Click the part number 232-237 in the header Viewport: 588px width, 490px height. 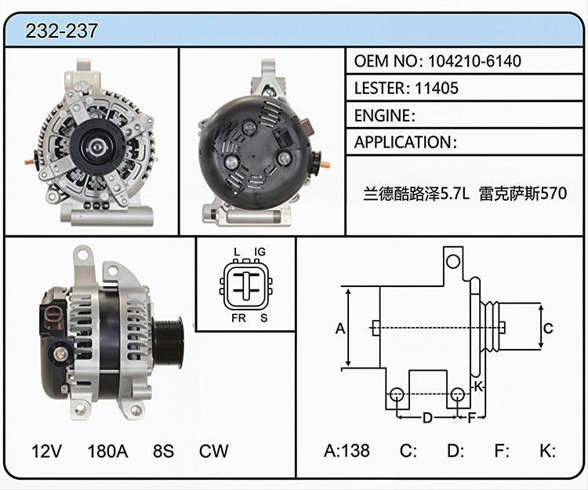(61, 31)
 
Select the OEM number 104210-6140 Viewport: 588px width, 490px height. (474, 60)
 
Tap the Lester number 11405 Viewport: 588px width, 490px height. (437, 88)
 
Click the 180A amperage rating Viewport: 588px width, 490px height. (107, 451)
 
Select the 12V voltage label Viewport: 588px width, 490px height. (46, 451)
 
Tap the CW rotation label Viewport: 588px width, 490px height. (213, 451)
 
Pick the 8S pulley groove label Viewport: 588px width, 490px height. (163, 451)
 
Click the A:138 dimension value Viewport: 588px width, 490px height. (347, 450)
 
